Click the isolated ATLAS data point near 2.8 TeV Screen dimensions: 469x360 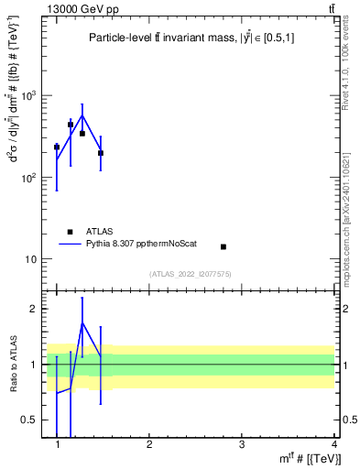pyautogui.click(x=223, y=246)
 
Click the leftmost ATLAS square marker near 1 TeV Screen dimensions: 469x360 pyautogui.click(x=57, y=147)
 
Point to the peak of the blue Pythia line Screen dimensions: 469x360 pyautogui.click(x=82, y=115)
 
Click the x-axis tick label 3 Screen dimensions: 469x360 pyautogui.click(x=241, y=444)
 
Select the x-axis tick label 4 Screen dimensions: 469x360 pyautogui.click(x=333, y=444)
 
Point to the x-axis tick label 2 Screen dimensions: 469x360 pyautogui.click(x=149, y=444)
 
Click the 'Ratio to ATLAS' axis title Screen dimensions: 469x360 pyautogui.click(x=14, y=365)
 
